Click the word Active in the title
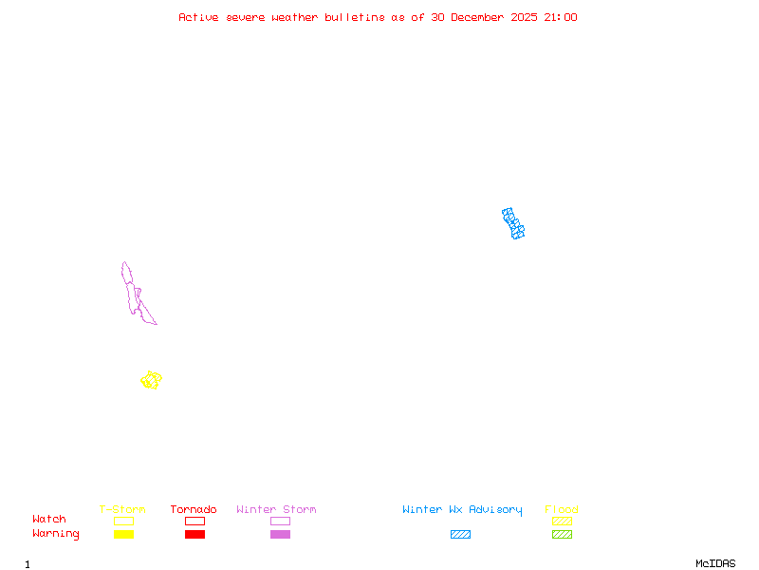pos(199,17)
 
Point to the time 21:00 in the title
pos(560,17)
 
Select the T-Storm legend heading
pos(122,510)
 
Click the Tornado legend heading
pos(194,510)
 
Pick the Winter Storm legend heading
pos(276,510)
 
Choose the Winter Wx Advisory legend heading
pos(462,510)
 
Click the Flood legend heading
pos(562,510)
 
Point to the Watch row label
pos(49,520)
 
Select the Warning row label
pos(56,534)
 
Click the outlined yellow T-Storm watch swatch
pos(123,521)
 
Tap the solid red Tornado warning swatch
pos(194,534)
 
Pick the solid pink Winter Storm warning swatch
pos(280,534)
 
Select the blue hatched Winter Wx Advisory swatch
pos(460,534)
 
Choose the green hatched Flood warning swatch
pos(562,534)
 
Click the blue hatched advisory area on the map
pos(513,223)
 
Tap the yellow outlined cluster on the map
pos(151,380)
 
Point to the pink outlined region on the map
pos(133,290)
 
